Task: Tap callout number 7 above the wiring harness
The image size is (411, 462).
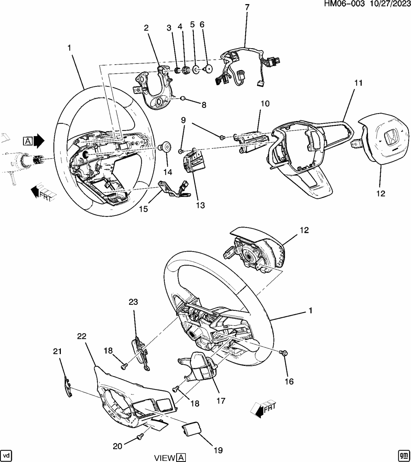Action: tap(247, 7)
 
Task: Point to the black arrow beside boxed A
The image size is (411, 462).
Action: tap(39, 141)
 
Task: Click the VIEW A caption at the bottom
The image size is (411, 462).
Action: tap(170, 458)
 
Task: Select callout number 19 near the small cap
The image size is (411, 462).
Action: tap(218, 450)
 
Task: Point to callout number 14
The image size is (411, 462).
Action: tap(168, 172)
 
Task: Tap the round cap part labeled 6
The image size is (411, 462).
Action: tap(208, 68)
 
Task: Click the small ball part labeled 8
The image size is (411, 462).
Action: tap(183, 98)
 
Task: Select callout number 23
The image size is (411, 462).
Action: tap(133, 302)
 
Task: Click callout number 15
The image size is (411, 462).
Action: tap(143, 209)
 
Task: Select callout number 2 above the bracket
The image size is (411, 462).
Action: tap(146, 27)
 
